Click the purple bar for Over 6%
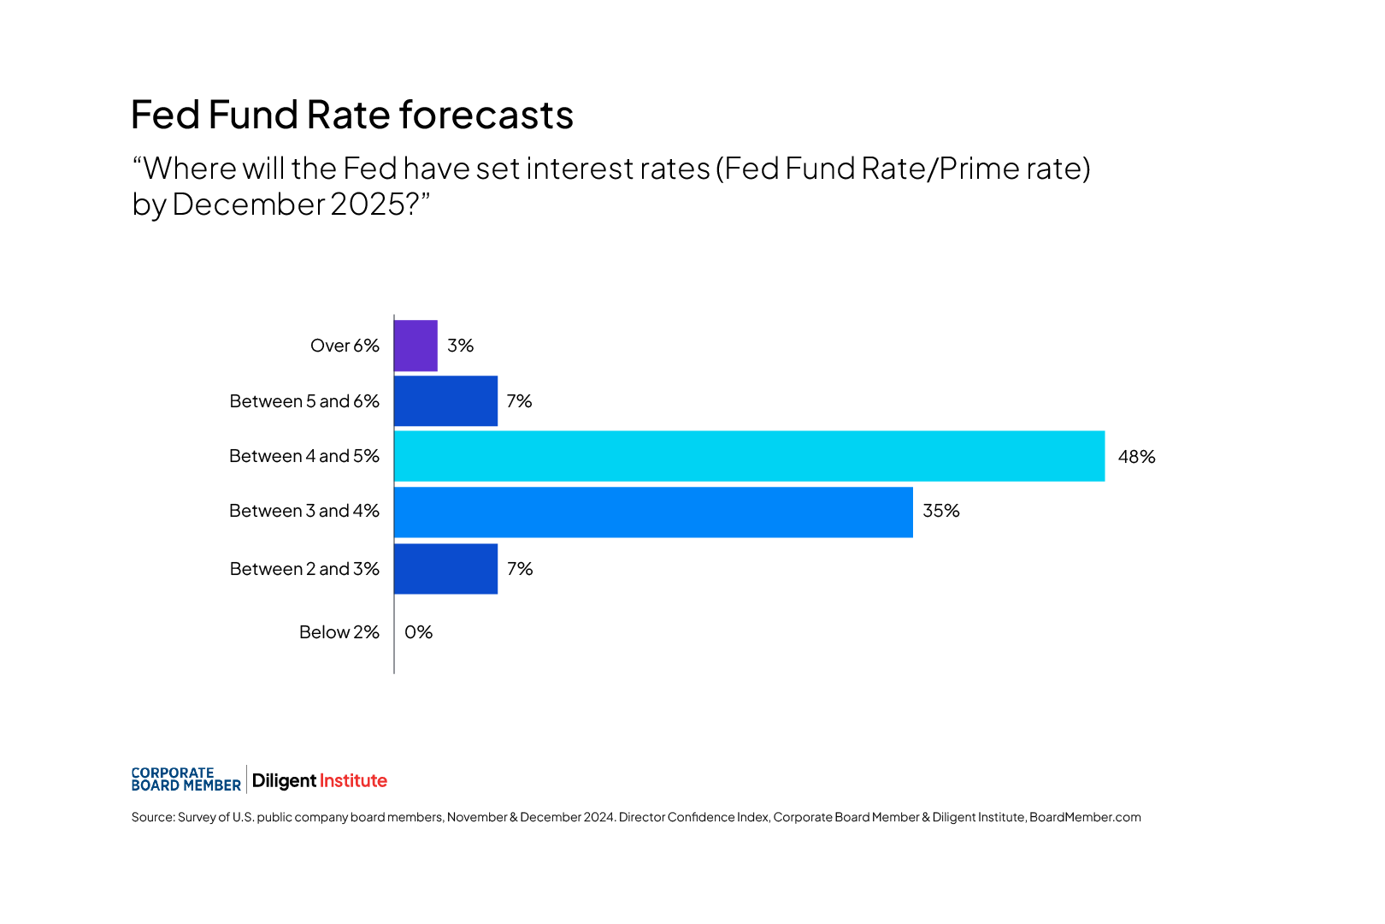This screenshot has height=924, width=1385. [415, 346]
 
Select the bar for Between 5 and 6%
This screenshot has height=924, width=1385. [445, 401]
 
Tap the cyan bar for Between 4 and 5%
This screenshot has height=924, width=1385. [749, 456]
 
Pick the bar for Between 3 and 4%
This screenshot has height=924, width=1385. [653, 512]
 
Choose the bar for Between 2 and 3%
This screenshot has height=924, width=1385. [445, 569]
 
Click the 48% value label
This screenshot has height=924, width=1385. [1136, 457]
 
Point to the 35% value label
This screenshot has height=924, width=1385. [941, 511]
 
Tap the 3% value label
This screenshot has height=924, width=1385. [460, 346]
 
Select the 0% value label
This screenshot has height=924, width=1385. [418, 632]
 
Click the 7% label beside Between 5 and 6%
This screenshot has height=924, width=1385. [519, 401]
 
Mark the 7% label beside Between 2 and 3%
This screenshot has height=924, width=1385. [520, 569]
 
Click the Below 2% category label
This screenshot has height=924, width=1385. [339, 632]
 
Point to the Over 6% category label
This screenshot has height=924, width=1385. [345, 346]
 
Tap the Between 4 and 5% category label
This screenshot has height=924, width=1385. [304, 456]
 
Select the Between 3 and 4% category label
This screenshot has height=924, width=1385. [304, 511]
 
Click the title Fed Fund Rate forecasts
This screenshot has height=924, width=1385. [351, 115]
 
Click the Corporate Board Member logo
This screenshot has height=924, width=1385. [186, 779]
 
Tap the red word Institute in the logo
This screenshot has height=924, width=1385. [353, 780]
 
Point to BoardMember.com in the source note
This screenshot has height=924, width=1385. [1085, 817]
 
